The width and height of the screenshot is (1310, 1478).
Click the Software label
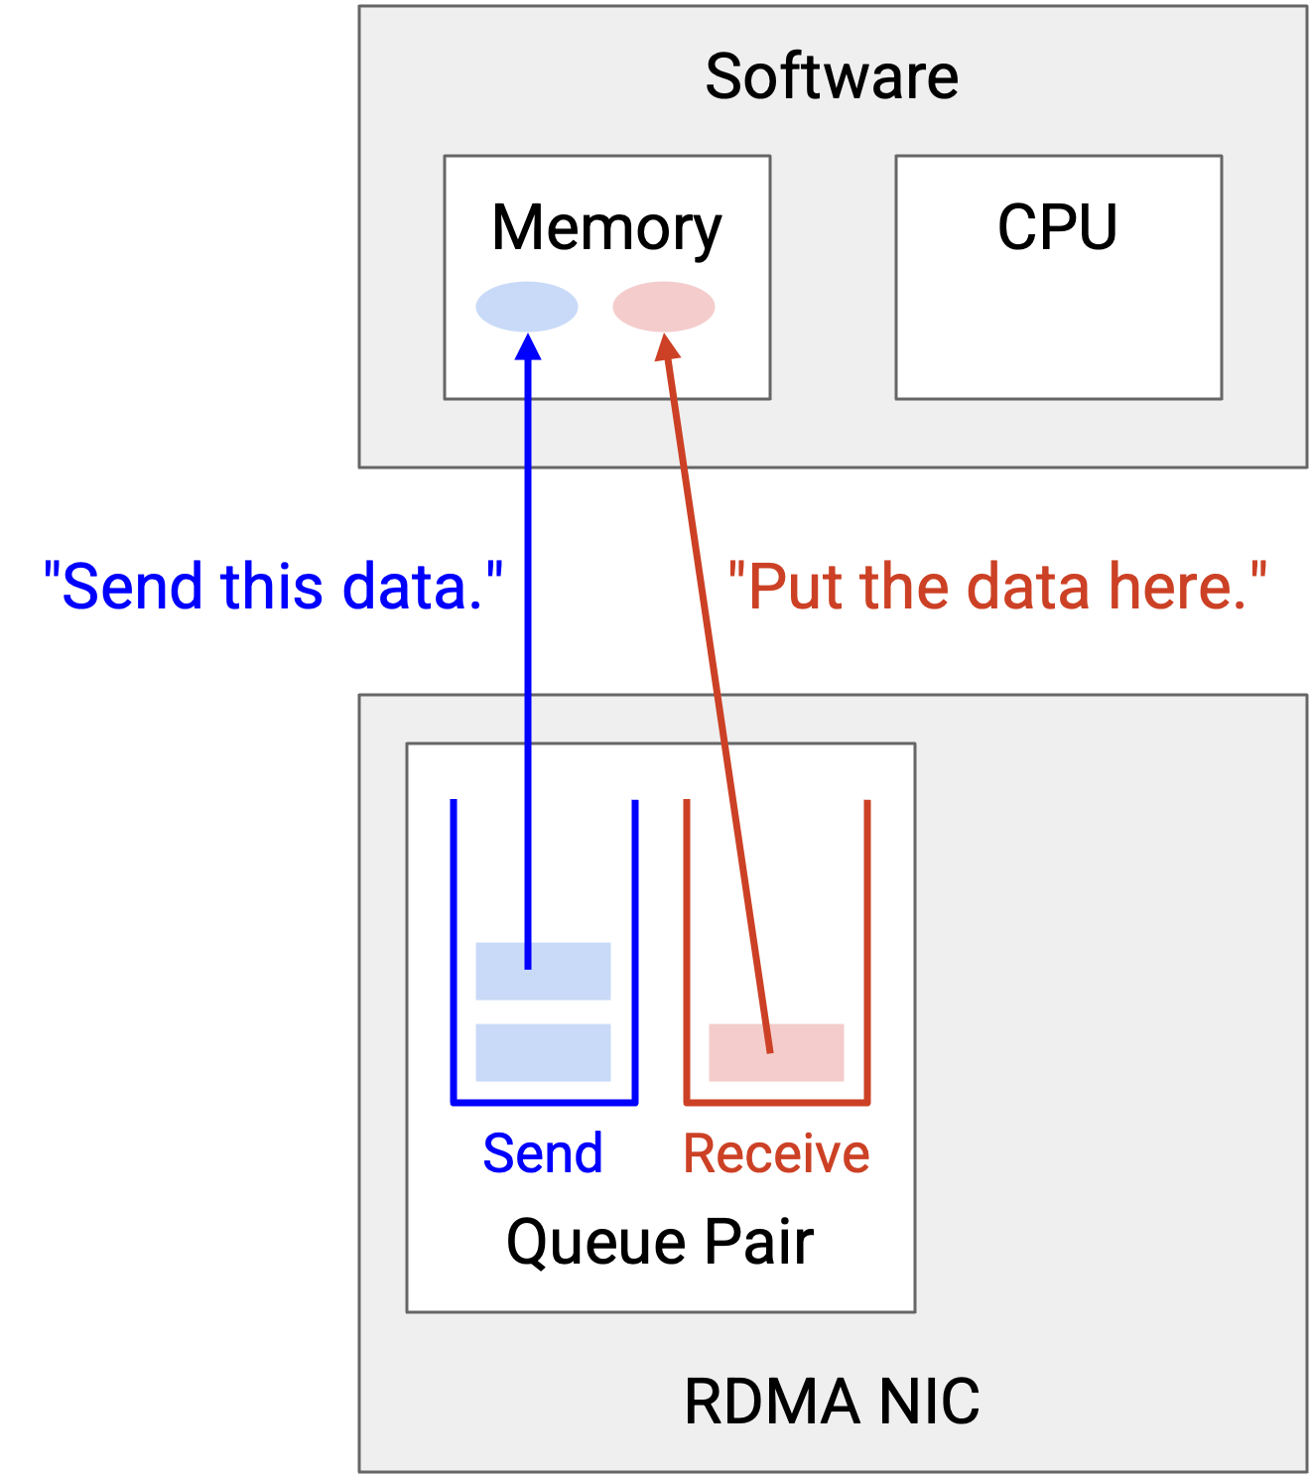[x=832, y=76]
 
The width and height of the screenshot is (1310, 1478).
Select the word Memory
[x=606, y=229]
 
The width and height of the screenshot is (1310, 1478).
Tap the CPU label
[x=1058, y=227]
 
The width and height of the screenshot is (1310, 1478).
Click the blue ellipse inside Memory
[x=527, y=307]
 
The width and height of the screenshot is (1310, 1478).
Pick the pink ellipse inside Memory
[x=664, y=307]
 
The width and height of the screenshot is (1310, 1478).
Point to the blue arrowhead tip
[x=528, y=334]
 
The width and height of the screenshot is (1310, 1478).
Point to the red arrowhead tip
[x=664, y=334]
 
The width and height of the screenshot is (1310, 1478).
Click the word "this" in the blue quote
[x=271, y=587]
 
